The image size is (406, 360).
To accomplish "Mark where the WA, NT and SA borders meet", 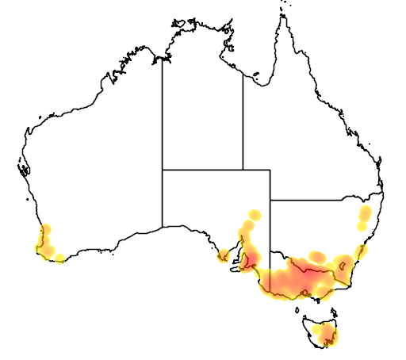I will (x=163, y=169).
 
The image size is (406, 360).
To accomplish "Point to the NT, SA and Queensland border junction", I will (x=243, y=169).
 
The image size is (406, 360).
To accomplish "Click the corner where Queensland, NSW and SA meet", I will (x=270, y=200).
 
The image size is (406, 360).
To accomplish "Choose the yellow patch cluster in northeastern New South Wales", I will (x=365, y=216).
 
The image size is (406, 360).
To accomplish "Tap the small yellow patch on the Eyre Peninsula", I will (x=224, y=255).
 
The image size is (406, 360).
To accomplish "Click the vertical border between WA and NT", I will (x=163, y=119).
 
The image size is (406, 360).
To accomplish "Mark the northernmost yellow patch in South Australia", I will (x=254, y=214).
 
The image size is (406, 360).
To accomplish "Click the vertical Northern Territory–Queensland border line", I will (x=243, y=119).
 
